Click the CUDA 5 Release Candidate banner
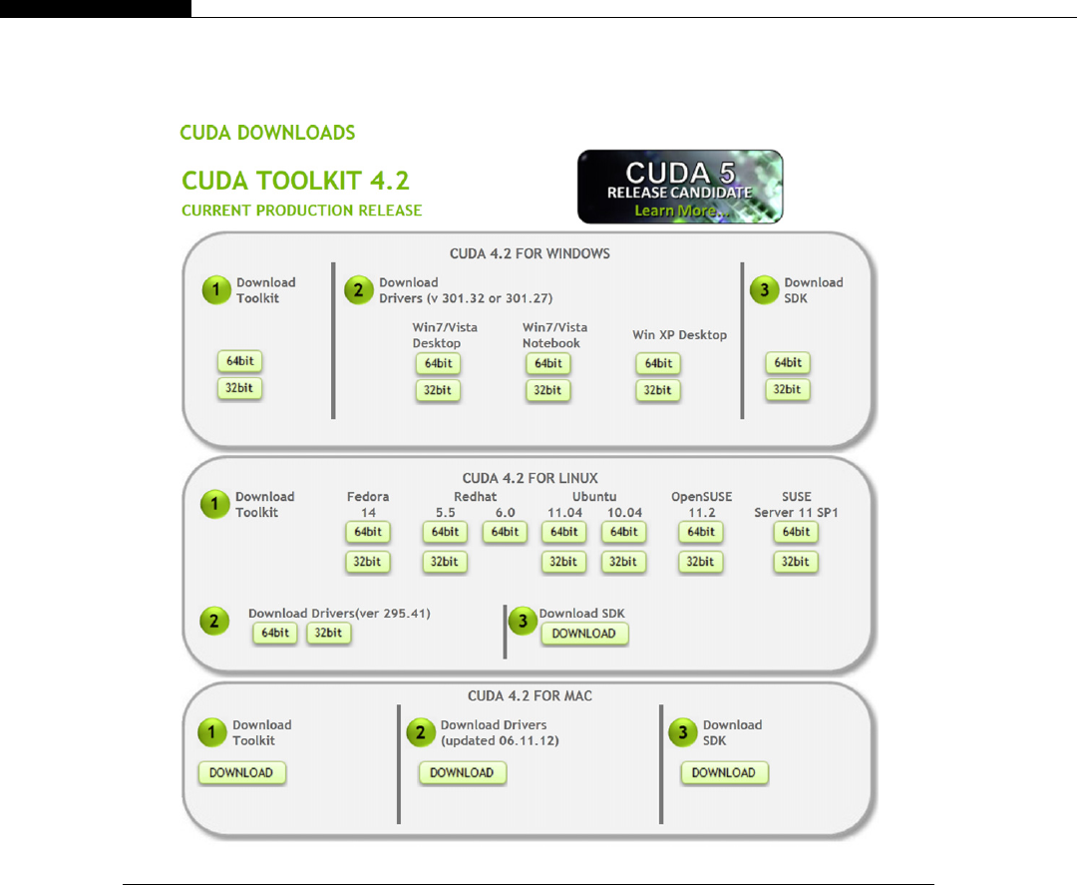pyautogui.click(x=680, y=187)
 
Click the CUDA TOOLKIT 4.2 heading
pyautogui.click(x=295, y=181)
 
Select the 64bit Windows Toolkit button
pyautogui.click(x=240, y=361)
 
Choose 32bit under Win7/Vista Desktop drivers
pyautogui.click(x=438, y=390)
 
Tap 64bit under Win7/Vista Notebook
pyautogui.click(x=547, y=363)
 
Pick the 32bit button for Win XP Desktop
pyautogui.click(x=657, y=390)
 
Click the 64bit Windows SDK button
pyautogui.click(x=788, y=363)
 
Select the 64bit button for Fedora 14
pyautogui.click(x=368, y=533)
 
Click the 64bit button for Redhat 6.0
pyautogui.click(x=505, y=533)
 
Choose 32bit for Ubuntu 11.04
pyautogui.click(x=563, y=562)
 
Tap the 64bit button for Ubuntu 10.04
pyautogui.click(x=623, y=533)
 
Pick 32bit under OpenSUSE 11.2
pyautogui.click(x=700, y=562)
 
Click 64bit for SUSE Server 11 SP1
pyautogui.click(x=796, y=533)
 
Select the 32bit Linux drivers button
pyautogui.click(x=329, y=633)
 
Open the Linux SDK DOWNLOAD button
pyautogui.click(x=584, y=634)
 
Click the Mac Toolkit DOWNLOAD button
pyautogui.click(x=241, y=772)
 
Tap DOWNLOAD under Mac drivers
pyautogui.click(x=462, y=772)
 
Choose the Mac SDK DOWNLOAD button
pyautogui.click(x=724, y=772)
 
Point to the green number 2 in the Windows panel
pyautogui.click(x=358, y=290)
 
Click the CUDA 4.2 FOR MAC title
pyautogui.click(x=530, y=695)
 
